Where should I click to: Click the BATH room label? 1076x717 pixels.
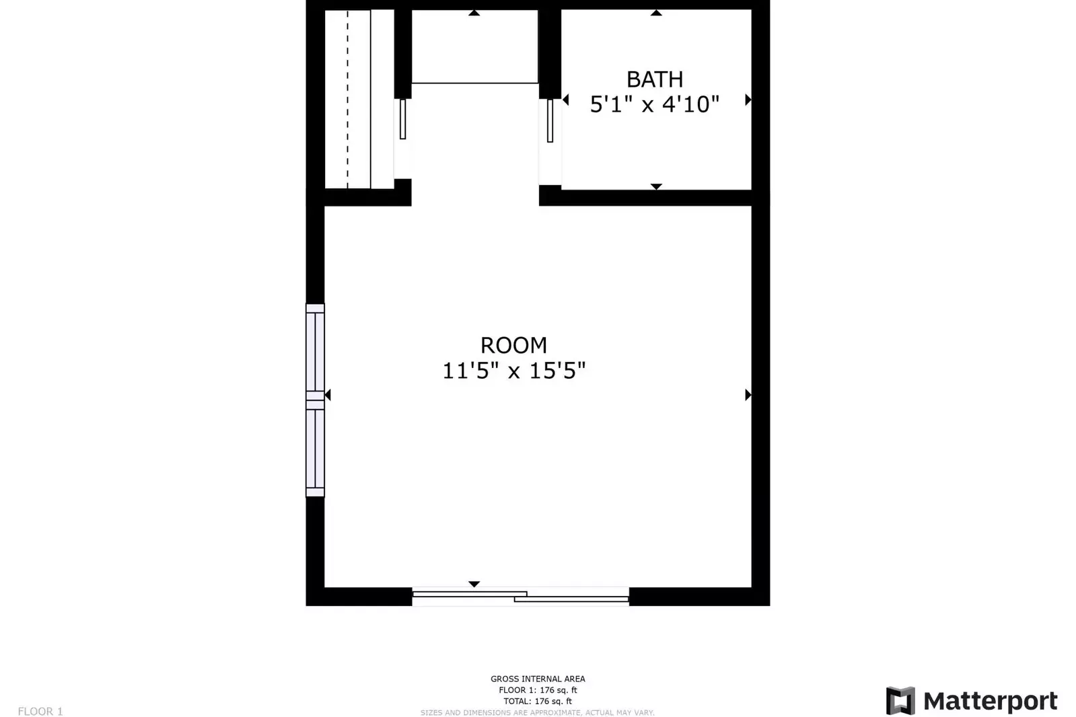click(654, 80)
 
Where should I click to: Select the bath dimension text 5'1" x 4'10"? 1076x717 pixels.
click(654, 104)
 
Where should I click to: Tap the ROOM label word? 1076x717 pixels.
click(513, 345)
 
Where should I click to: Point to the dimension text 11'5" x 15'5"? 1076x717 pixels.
click(513, 371)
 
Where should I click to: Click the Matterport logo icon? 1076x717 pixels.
click(900, 701)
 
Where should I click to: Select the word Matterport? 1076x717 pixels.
click(991, 701)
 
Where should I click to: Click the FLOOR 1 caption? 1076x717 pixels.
click(40, 711)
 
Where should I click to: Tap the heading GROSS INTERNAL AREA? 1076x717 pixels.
click(538, 679)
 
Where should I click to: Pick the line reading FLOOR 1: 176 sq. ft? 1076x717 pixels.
click(538, 690)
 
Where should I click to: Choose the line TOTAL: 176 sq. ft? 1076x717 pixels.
click(538, 701)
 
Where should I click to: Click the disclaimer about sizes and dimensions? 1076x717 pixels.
click(538, 713)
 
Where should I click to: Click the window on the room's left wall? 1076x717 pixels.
click(315, 400)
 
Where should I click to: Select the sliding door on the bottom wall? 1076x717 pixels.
click(521, 597)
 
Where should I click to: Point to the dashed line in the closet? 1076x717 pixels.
click(348, 100)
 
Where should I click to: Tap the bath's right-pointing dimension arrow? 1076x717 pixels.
click(748, 100)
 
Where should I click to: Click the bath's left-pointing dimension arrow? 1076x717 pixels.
click(566, 100)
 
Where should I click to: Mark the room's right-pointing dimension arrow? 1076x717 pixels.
click(748, 395)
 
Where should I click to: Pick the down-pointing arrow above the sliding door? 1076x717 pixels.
click(474, 584)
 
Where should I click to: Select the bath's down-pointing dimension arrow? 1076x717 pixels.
click(656, 186)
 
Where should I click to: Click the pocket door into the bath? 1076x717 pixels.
click(550, 120)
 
